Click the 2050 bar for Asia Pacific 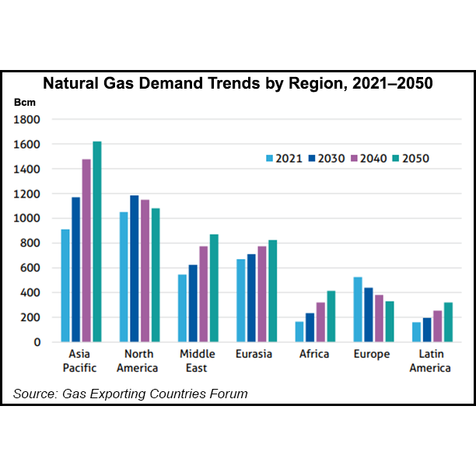pyautogui.click(x=97, y=242)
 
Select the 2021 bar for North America pyautogui.click(x=123, y=277)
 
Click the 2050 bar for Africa pyautogui.click(x=331, y=317)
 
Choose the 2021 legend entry pyautogui.click(x=282, y=159)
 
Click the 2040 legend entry pyautogui.click(x=368, y=159)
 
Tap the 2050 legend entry pyautogui.click(x=411, y=159)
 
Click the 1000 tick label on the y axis pyautogui.click(x=29, y=219)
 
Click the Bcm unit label pyautogui.click(x=24, y=102)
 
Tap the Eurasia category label pyautogui.click(x=254, y=354)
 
